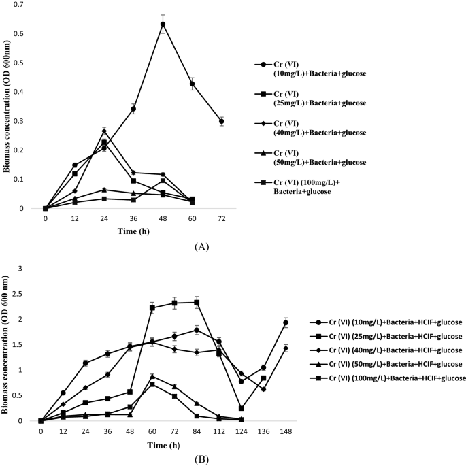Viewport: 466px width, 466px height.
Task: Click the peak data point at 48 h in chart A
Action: tap(163, 24)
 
